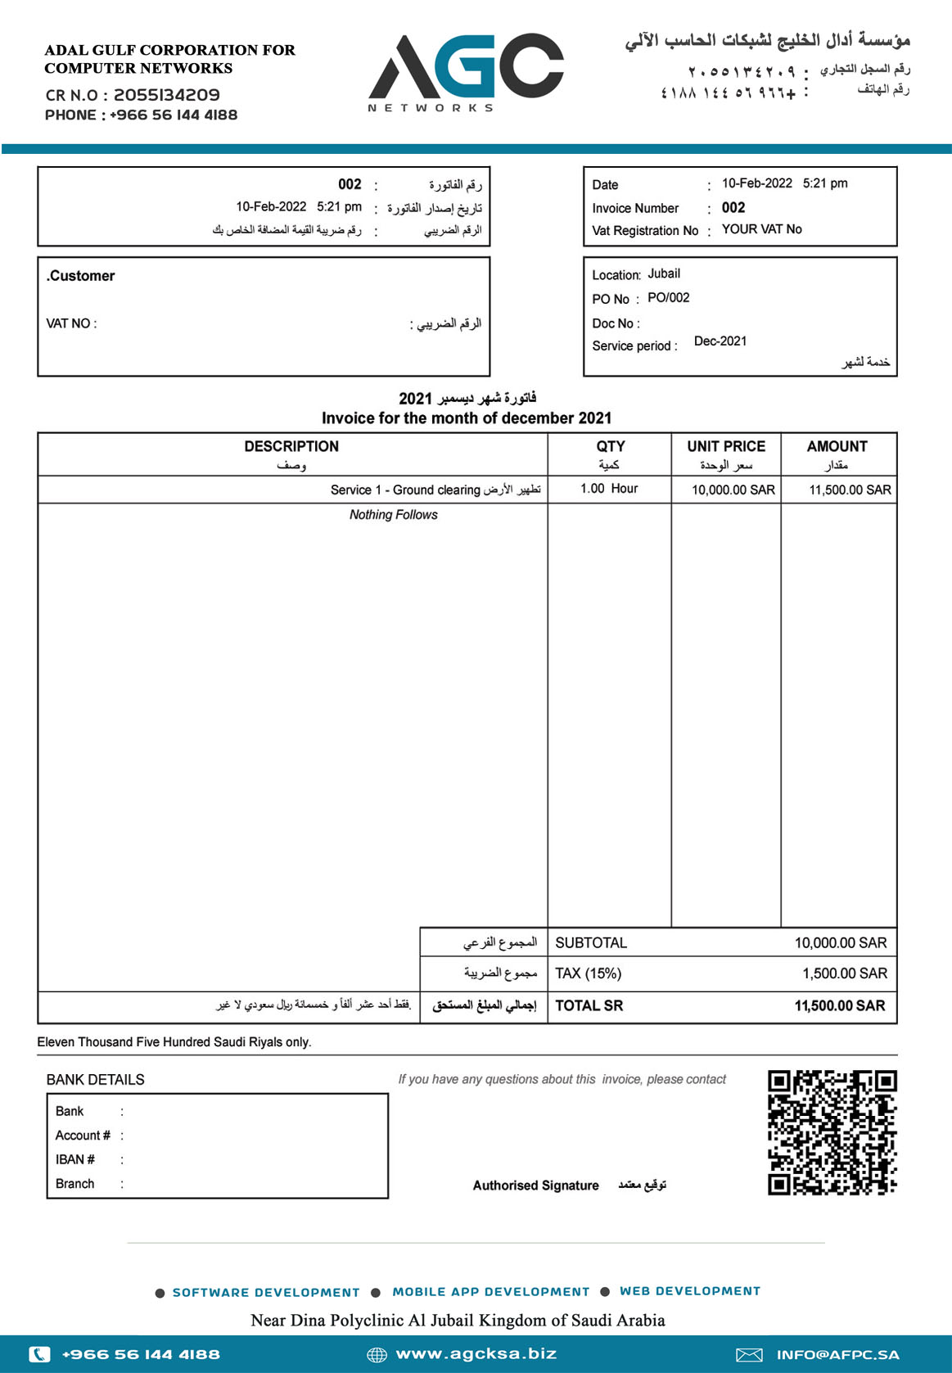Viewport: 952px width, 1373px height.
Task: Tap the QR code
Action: [x=832, y=1132]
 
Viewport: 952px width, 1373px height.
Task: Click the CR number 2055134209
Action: [x=166, y=95]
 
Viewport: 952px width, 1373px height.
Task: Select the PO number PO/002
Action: [x=668, y=298]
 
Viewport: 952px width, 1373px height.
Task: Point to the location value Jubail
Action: [x=664, y=273]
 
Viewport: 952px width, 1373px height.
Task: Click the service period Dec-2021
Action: [x=720, y=341]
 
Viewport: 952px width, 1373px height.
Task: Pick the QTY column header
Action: [x=610, y=446]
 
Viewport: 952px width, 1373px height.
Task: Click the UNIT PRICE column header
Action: [x=726, y=446]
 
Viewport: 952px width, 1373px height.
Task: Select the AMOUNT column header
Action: [x=837, y=446]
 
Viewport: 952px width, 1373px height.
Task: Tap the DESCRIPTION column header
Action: [x=291, y=446]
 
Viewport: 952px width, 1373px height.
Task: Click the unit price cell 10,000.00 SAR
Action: [x=733, y=490]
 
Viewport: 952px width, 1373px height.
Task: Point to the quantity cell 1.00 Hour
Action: [x=608, y=489]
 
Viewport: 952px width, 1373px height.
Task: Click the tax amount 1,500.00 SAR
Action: [x=845, y=973]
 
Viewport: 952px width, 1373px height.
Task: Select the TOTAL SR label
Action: [x=589, y=1005]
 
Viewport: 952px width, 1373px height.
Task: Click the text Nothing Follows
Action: [x=393, y=515]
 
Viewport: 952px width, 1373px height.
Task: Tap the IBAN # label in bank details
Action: [x=75, y=1159]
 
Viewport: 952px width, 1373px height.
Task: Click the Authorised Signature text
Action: [x=535, y=1186]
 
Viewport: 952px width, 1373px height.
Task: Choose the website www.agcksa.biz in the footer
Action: [x=476, y=1354]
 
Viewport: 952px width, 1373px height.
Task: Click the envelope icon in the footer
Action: [x=749, y=1355]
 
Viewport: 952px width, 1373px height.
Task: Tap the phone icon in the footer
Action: [x=39, y=1354]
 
